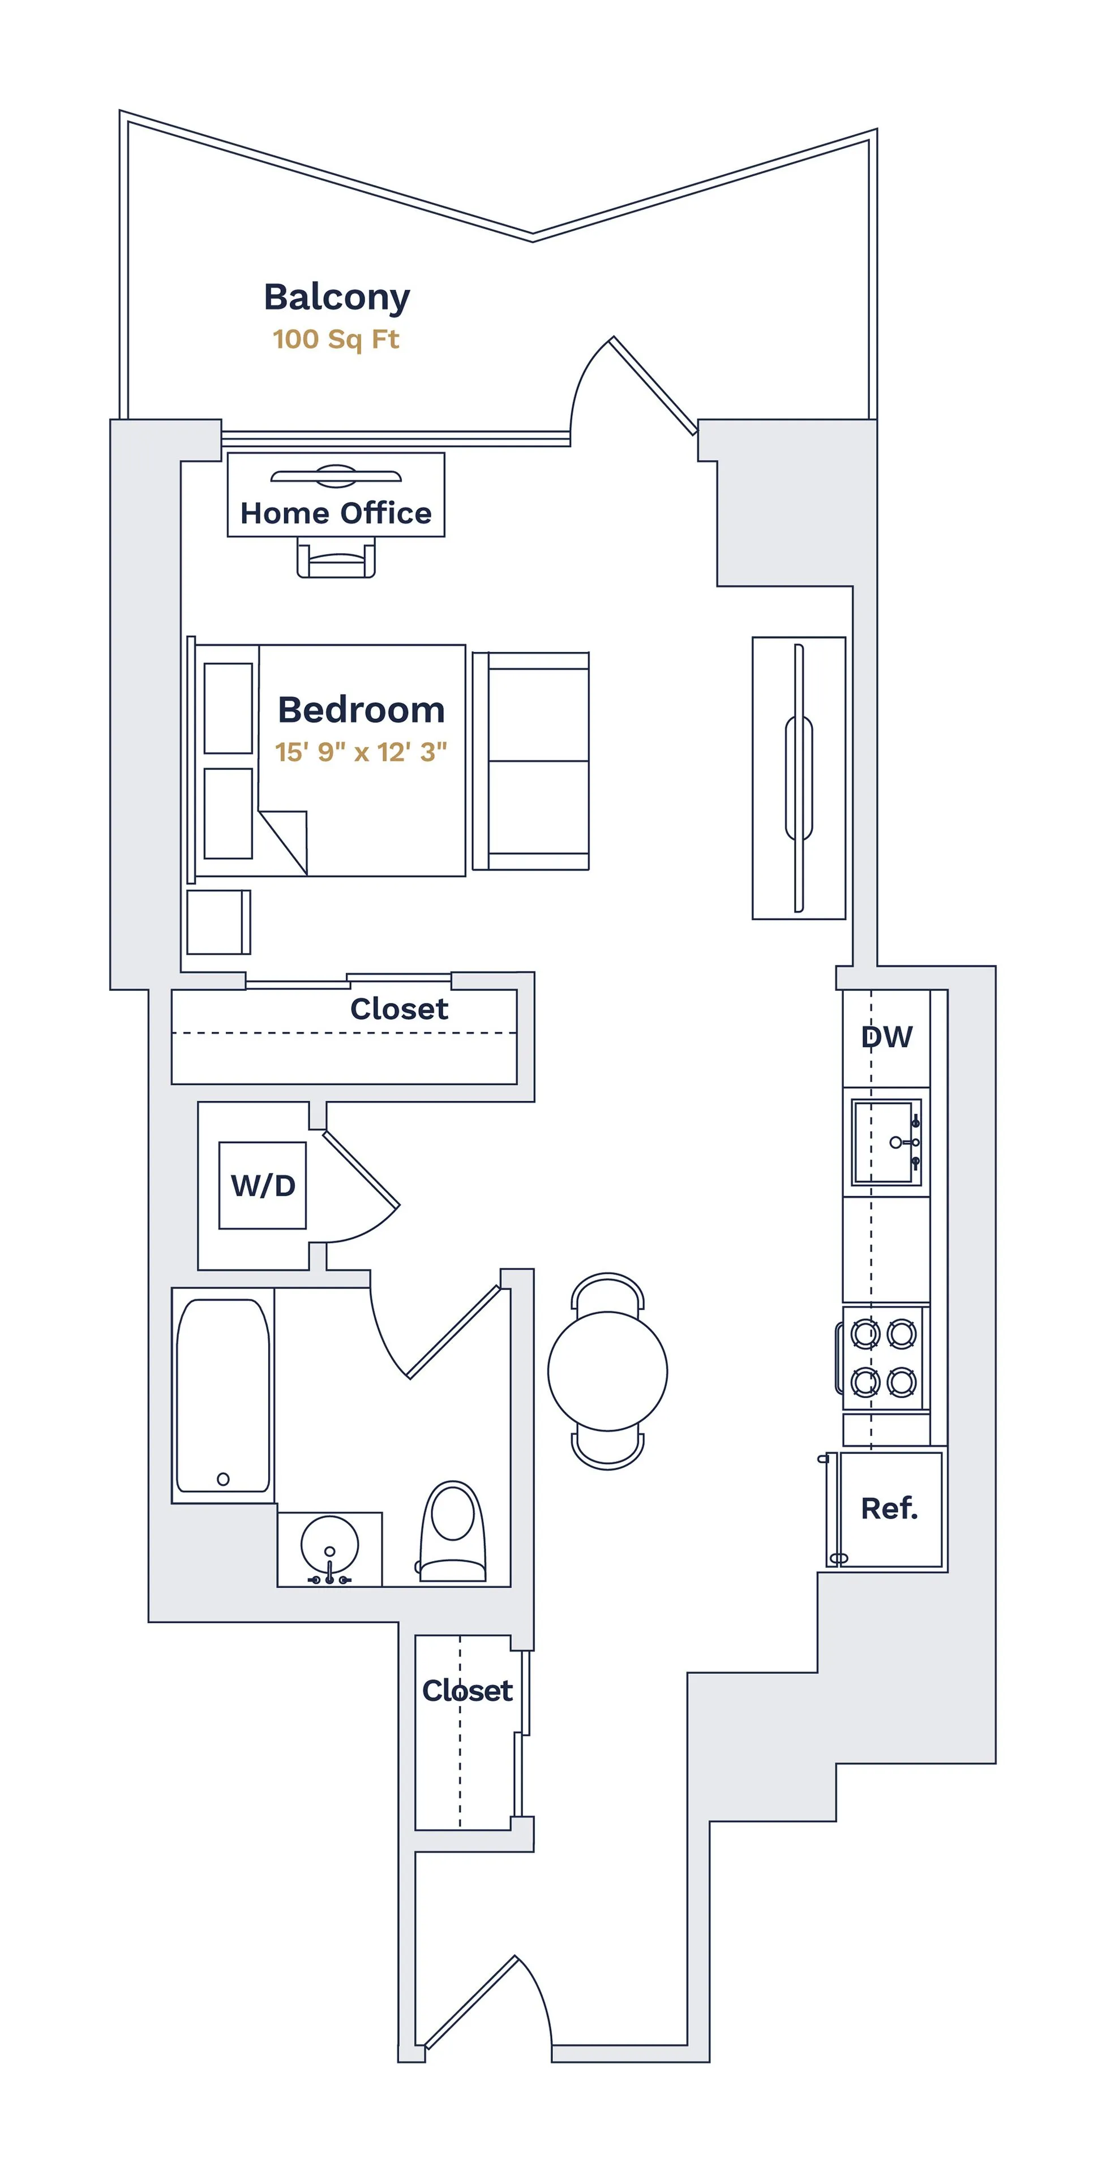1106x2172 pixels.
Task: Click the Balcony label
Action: tap(337, 298)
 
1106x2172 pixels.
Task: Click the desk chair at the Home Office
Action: tap(336, 559)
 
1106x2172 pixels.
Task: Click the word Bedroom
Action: tap(361, 710)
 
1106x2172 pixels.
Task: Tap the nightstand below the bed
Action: tap(218, 921)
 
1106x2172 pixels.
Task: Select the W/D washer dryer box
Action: tap(263, 1186)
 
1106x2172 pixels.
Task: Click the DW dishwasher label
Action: tap(886, 1037)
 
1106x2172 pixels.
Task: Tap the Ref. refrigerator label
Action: tap(889, 1509)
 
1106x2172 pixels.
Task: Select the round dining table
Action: tap(607, 1371)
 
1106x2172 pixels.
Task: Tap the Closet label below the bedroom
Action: tap(399, 1009)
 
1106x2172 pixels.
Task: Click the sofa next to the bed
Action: tap(531, 761)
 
